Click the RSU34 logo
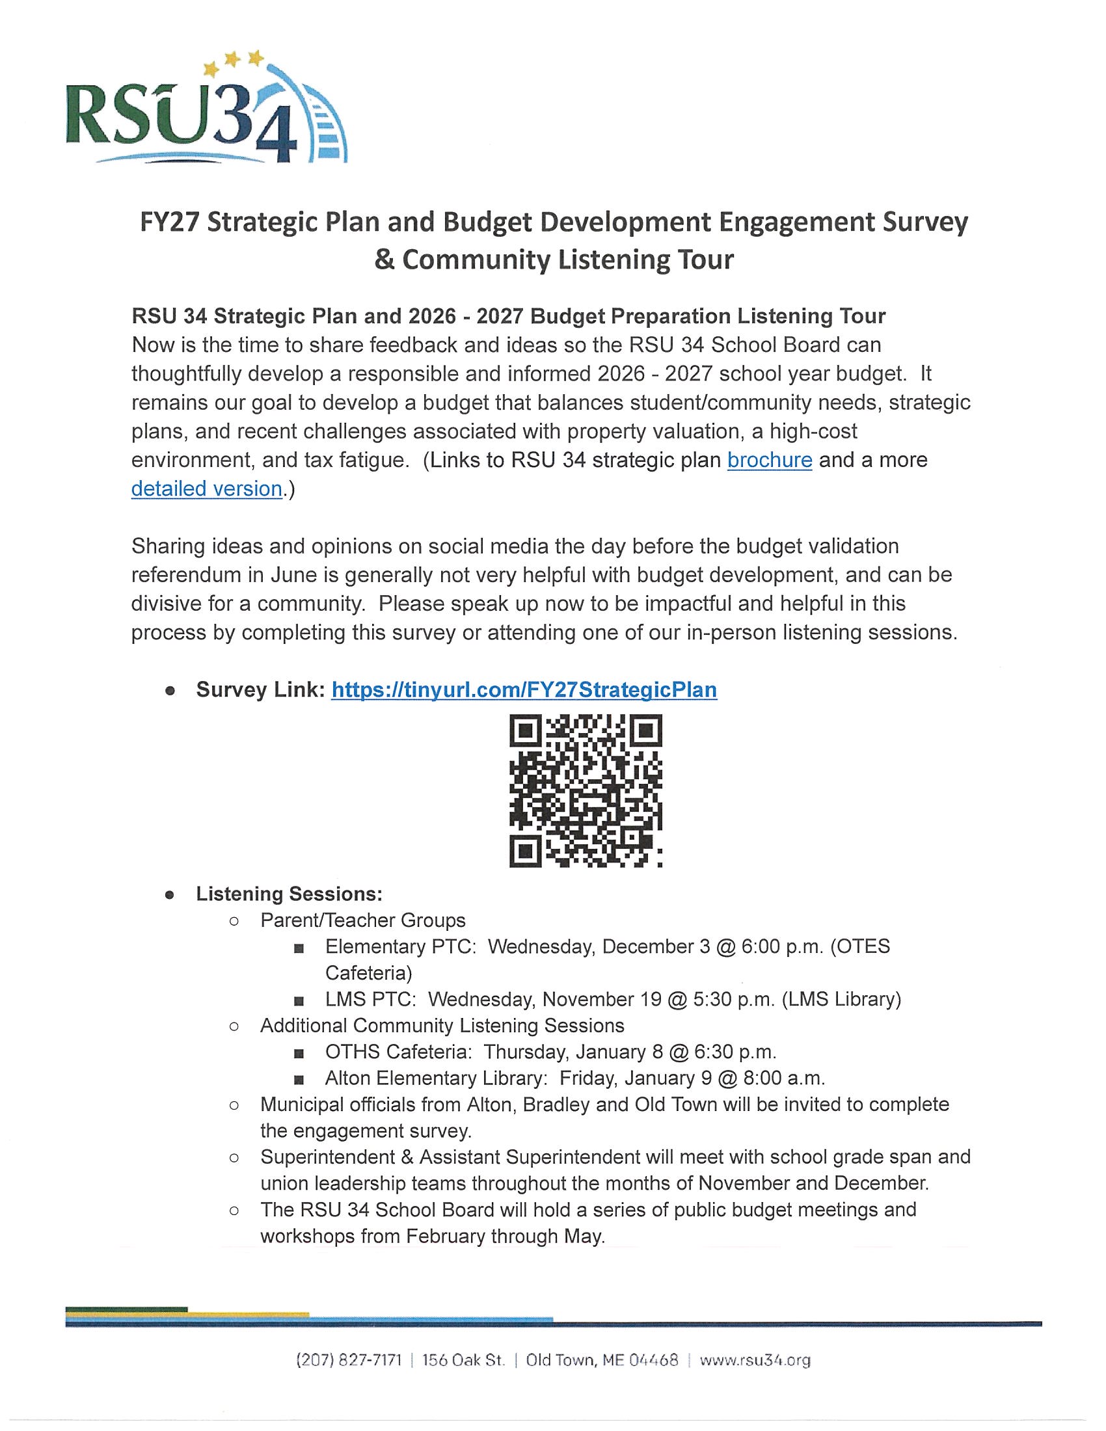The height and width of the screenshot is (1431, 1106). click(206, 109)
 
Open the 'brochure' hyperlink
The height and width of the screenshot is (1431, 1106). click(769, 460)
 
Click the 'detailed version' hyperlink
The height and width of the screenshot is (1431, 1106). click(206, 488)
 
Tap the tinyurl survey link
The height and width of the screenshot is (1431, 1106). click(524, 690)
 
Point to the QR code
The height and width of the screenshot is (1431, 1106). click(585, 792)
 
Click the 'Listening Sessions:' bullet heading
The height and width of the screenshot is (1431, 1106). click(289, 894)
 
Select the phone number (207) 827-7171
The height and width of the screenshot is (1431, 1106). click(349, 1360)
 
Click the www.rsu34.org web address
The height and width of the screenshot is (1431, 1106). click(755, 1360)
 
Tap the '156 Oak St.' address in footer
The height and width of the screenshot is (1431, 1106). click(463, 1360)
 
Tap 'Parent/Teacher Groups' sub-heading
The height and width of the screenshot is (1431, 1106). click(363, 920)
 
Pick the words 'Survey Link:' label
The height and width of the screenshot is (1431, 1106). click(260, 690)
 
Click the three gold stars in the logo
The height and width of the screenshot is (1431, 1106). click(233, 62)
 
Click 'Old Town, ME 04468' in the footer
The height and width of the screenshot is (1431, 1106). click(602, 1360)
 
